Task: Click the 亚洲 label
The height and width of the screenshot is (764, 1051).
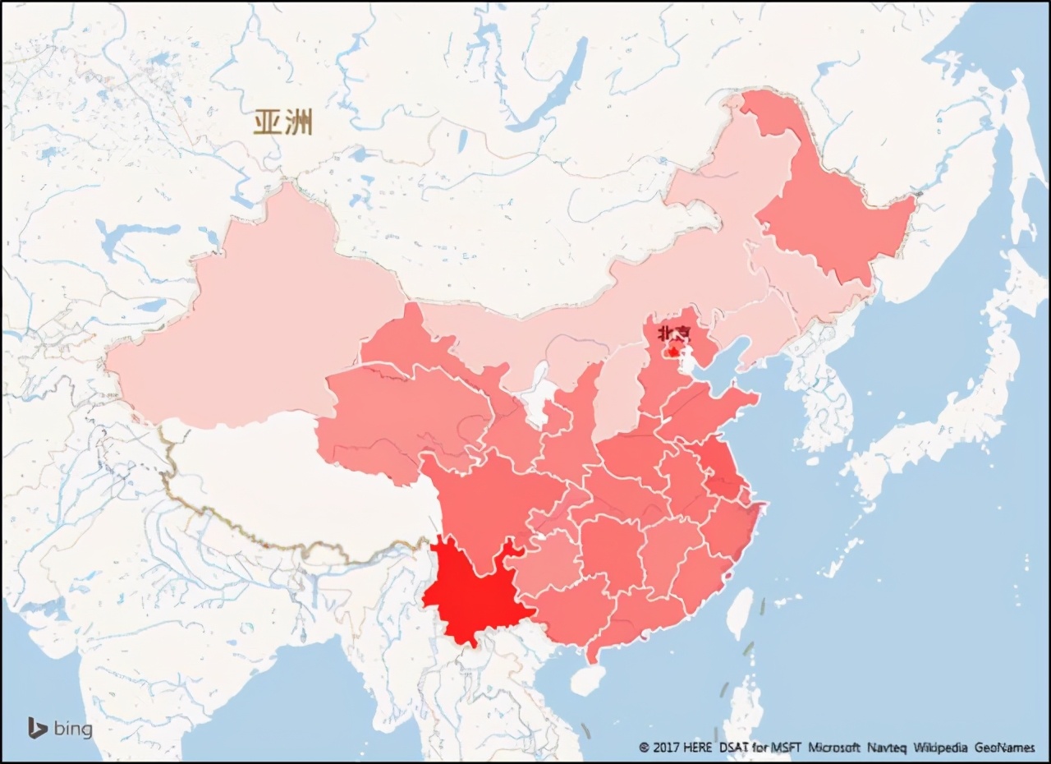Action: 282,123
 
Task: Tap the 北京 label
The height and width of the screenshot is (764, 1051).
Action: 674,334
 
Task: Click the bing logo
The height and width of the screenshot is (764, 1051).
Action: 59,728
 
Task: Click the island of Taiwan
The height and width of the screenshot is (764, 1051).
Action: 740,613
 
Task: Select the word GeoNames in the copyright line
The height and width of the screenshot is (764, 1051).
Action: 1005,748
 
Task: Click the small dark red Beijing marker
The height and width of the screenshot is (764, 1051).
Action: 674,350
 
